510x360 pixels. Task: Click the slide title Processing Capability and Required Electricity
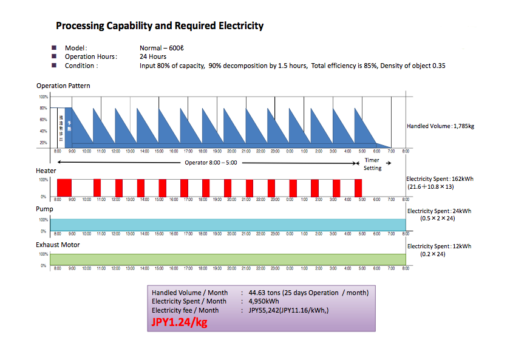(x=160, y=26)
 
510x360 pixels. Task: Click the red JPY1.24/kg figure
(x=178, y=322)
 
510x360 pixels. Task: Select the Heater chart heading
(x=47, y=172)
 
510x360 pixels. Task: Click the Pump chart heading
(x=45, y=209)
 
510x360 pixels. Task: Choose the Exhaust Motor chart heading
(x=58, y=245)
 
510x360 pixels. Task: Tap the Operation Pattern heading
(x=63, y=86)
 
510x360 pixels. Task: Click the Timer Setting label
(x=373, y=165)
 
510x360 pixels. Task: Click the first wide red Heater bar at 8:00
(x=64, y=187)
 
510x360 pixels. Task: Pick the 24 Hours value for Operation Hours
(x=153, y=56)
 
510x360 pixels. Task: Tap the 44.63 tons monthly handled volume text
(x=263, y=293)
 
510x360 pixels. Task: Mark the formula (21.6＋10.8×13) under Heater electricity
(x=436, y=188)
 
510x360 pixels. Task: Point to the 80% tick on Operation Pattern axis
(x=43, y=108)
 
